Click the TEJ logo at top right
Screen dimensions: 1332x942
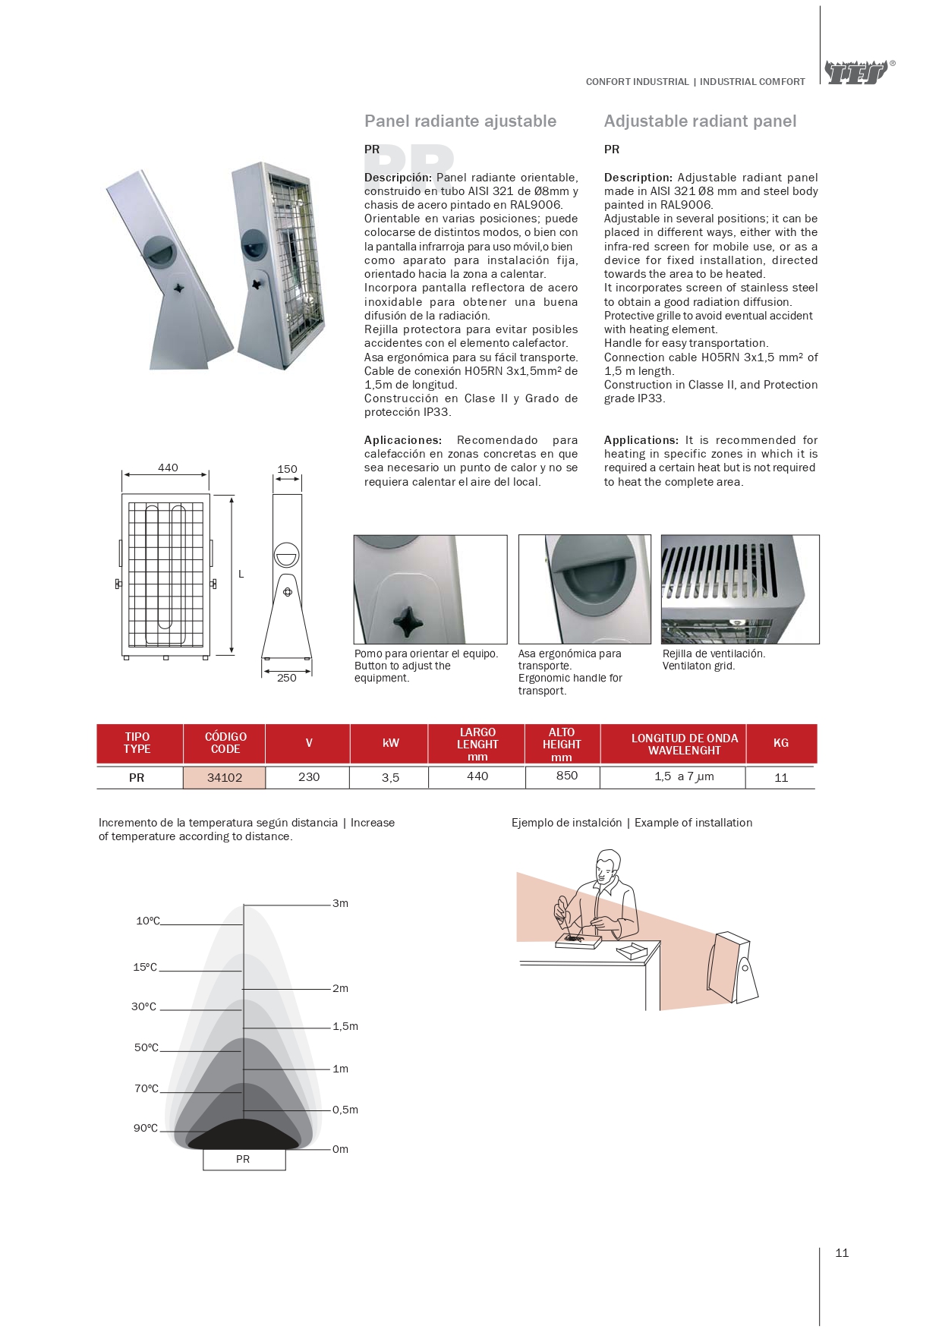[x=856, y=73]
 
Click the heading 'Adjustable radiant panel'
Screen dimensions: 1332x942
[x=700, y=121]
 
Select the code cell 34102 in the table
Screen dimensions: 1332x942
[x=225, y=777]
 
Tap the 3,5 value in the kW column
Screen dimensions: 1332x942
[x=390, y=777]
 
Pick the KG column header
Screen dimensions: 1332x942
[x=780, y=743]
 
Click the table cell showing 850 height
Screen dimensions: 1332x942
[x=566, y=776]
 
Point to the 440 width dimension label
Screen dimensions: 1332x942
[x=168, y=468]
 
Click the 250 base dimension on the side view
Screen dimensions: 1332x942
[x=287, y=678]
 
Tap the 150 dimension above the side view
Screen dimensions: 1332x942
[x=287, y=469]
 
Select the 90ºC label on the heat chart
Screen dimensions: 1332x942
[x=146, y=1128]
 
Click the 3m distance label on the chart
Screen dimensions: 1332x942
[x=340, y=903]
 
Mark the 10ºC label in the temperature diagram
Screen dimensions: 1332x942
[x=148, y=921]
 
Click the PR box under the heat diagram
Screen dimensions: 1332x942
[x=244, y=1159]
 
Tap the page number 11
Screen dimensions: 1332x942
[x=842, y=1253]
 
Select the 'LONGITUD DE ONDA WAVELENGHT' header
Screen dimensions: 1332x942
[x=684, y=744]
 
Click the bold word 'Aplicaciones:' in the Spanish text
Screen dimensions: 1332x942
[x=402, y=440]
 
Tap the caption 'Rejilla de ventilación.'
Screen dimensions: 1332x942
[x=714, y=653]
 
